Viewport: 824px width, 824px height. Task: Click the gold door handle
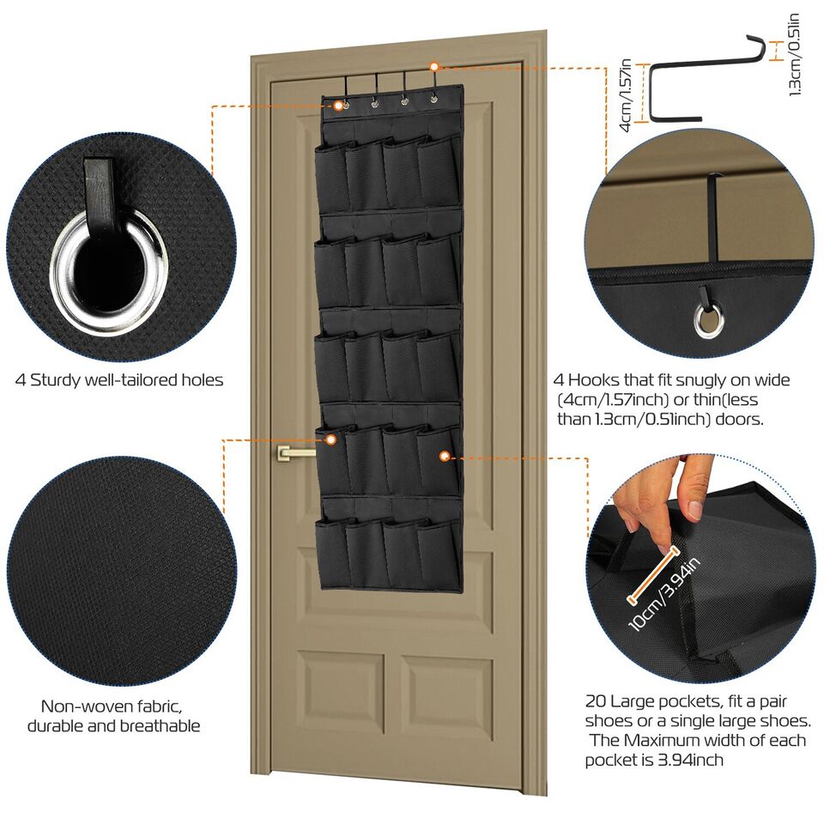pyautogui.click(x=296, y=451)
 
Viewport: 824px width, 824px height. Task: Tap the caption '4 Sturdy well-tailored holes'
pyautogui.click(x=119, y=379)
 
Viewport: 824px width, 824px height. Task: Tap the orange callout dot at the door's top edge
pyautogui.click(x=434, y=66)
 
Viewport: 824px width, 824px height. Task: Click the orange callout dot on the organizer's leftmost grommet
pyautogui.click(x=339, y=106)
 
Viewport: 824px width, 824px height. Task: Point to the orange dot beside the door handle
pyautogui.click(x=330, y=439)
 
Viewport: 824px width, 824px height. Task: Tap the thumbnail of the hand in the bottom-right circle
pyautogui.click(x=652, y=506)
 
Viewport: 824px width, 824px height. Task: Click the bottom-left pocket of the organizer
pyautogui.click(x=331, y=554)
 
